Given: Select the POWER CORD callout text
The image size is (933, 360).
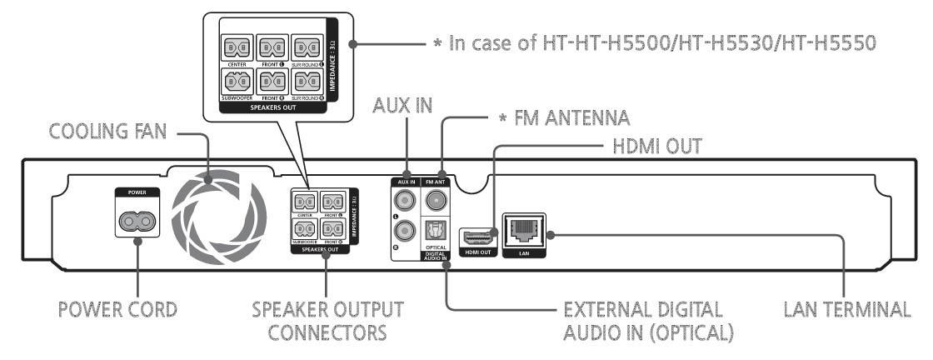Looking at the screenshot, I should (118, 309).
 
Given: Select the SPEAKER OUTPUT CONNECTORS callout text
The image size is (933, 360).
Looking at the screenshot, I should (327, 320).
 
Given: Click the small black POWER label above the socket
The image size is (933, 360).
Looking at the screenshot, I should (137, 191).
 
